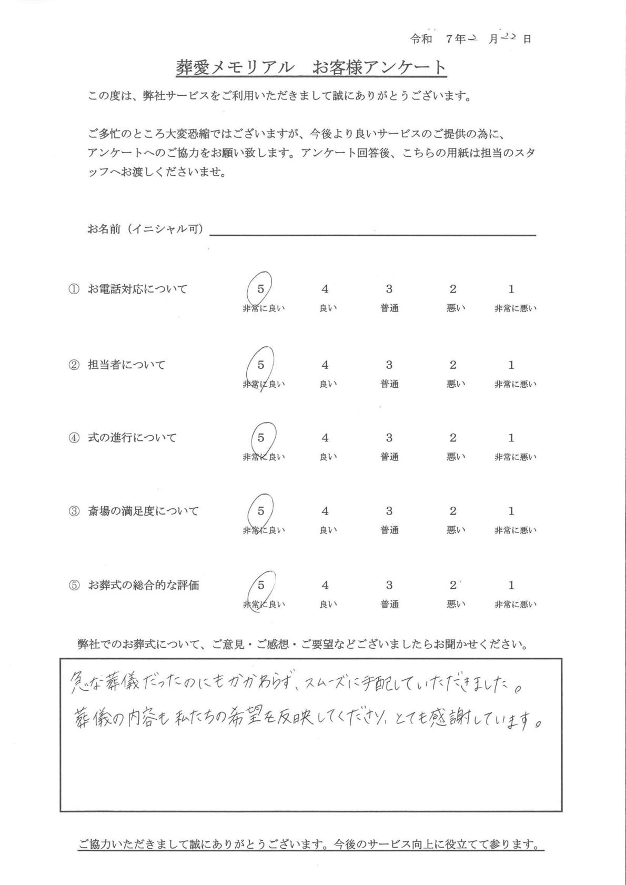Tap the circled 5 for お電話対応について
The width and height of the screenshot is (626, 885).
[x=261, y=288]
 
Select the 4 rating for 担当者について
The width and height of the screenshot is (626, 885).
[x=325, y=365]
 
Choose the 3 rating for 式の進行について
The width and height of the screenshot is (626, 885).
[x=389, y=438]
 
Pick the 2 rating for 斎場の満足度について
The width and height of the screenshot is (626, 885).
[x=453, y=511]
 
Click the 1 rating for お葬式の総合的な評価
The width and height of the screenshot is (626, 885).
[x=511, y=585]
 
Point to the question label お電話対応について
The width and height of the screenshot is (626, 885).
[x=137, y=289]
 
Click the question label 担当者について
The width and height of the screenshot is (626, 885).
[x=126, y=365]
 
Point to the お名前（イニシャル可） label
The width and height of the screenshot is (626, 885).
[x=146, y=229]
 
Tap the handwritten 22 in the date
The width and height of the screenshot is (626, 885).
[x=509, y=37]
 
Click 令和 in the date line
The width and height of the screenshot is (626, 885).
[x=421, y=39]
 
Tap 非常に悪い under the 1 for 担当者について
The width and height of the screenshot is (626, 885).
[x=515, y=385]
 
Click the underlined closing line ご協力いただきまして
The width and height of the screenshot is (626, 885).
[x=310, y=845]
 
